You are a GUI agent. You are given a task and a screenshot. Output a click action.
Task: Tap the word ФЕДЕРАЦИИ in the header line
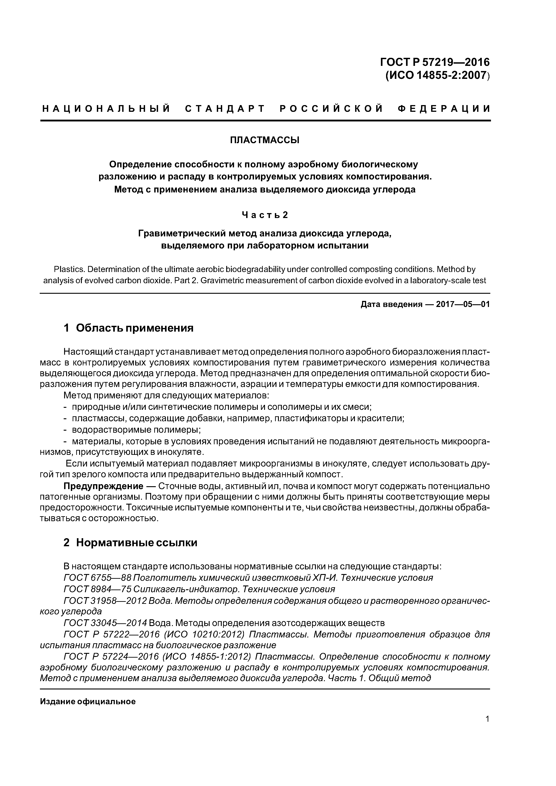point(444,109)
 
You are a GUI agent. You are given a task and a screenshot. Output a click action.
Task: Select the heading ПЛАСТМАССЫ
point(265,140)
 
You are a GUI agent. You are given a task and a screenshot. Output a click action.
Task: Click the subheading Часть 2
point(265,215)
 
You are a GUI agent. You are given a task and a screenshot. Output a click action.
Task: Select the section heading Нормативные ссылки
point(136,543)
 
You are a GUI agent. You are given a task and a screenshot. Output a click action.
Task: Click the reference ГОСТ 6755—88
point(98,578)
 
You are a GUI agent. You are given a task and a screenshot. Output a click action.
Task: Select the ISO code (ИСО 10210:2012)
point(204,634)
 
